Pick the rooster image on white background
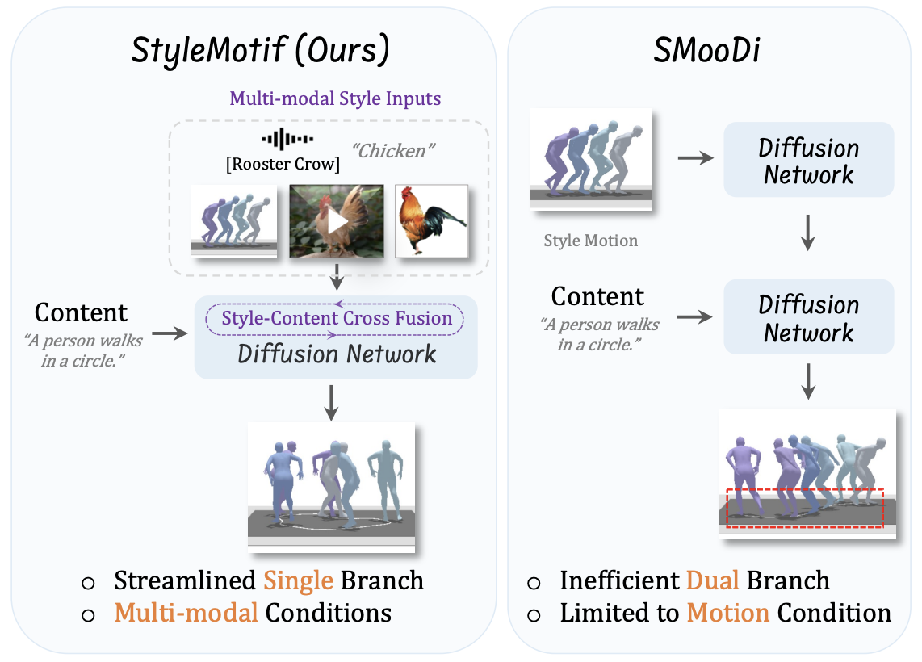(x=431, y=220)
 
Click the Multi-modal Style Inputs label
(x=335, y=99)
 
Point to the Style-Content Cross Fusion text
(x=337, y=317)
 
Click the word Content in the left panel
(x=81, y=312)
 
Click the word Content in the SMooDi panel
(x=597, y=296)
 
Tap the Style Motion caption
(x=590, y=241)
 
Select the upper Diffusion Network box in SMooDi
(x=808, y=161)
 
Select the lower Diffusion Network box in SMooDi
(x=808, y=317)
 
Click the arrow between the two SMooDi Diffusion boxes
(x=808, y=233)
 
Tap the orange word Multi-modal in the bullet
(x=186, y=613)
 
